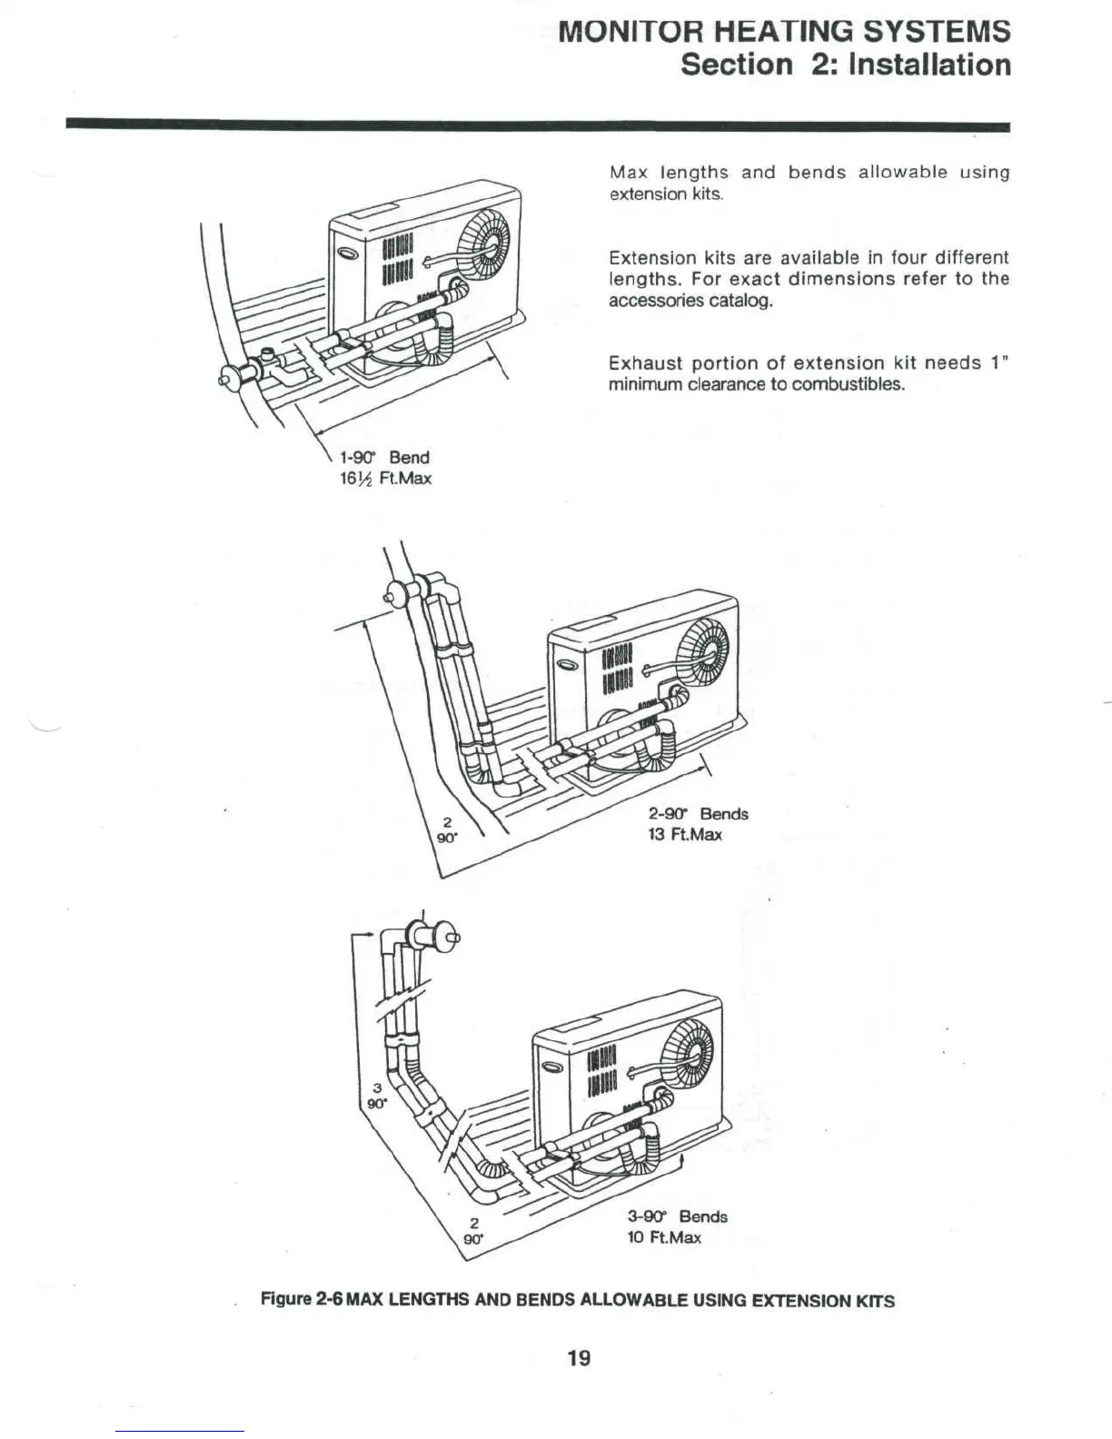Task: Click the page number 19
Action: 579,1357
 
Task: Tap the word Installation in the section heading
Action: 923,65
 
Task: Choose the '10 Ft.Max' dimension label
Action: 664,1237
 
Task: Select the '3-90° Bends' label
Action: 678,1216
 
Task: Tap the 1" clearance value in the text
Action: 999,363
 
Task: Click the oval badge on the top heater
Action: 346,256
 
